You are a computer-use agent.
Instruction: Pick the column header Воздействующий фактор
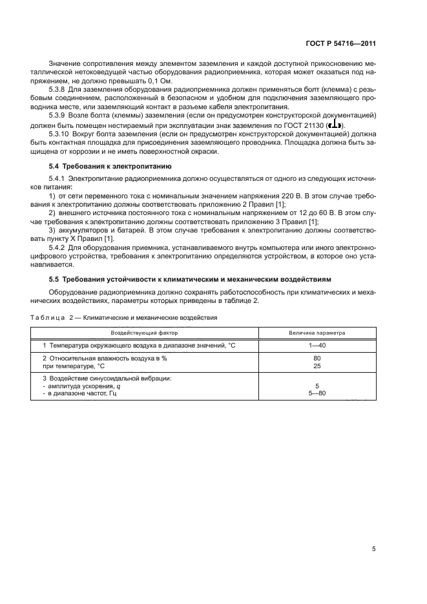click(144, 333)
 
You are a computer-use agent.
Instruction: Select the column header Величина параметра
click(317, 333)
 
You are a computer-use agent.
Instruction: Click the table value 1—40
click(317, 346)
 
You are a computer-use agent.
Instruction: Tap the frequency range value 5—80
click(317, 393)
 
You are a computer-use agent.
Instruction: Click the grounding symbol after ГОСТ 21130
click(334, 125)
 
